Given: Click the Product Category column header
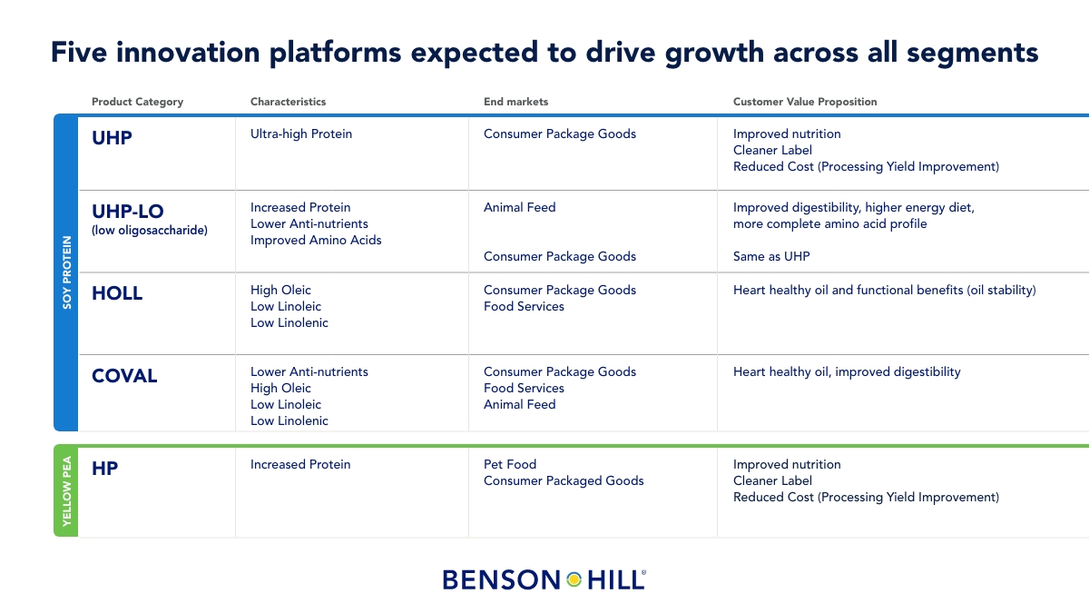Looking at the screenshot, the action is click(138, 102).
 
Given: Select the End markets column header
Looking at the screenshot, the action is click(515, 102).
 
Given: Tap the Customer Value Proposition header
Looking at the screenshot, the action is click(805, 102).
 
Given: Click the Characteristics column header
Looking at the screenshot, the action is click(288, 102).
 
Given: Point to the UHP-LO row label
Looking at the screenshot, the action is click(128, 211).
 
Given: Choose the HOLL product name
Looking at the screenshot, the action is click(117, 292).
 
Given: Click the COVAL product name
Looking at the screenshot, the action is click(124, 376).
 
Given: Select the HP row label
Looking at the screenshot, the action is click(104, 468).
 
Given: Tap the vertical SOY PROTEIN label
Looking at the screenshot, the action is click(66, 272).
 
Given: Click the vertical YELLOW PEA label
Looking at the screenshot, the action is click(66, 491).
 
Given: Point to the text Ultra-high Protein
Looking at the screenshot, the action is click(301, 133).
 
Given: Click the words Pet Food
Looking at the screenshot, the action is click(509, 464).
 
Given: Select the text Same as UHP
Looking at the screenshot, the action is click(771, 256).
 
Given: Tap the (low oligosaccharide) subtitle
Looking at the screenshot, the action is click(149, 230).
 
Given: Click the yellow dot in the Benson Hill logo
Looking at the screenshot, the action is click(574, 579).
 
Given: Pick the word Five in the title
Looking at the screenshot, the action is click(79, 52).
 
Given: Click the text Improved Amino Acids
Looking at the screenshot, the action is click(316, 240).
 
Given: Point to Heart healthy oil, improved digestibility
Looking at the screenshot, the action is click(847, 372).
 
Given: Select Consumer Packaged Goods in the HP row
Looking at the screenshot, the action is click(564, 480).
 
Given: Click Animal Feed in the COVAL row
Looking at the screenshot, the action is click(519, 404).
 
